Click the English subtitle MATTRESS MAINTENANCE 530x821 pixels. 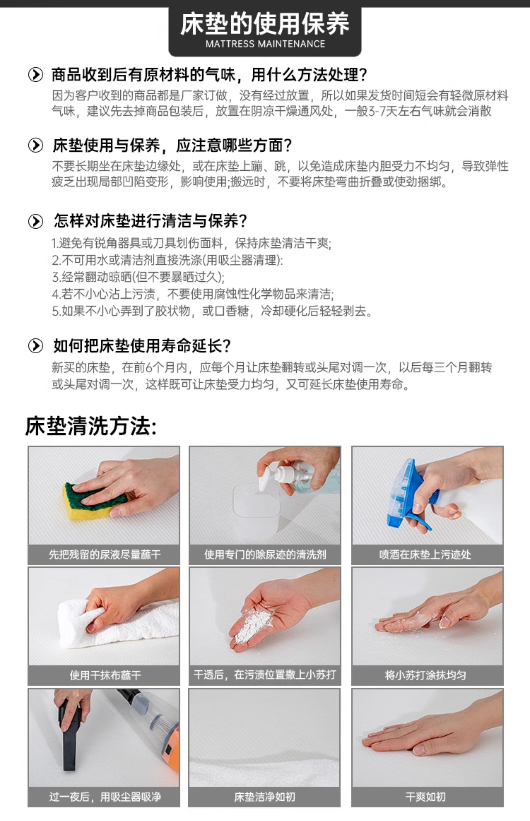(x=265, y=44)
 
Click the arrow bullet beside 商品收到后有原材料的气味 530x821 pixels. (x=35, y=74)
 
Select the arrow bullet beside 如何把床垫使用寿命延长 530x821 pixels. (x=35, y=346)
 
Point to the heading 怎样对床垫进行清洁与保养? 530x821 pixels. (x=150, y=221)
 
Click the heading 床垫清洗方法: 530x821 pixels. (x=91, y=426)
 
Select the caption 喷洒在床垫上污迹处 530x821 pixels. (x=425, y=555)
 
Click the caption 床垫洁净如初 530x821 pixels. (x=264, y=797)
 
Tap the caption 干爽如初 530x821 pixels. (x=425, y=797)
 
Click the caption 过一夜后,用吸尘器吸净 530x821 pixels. (x=105, y=797)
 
